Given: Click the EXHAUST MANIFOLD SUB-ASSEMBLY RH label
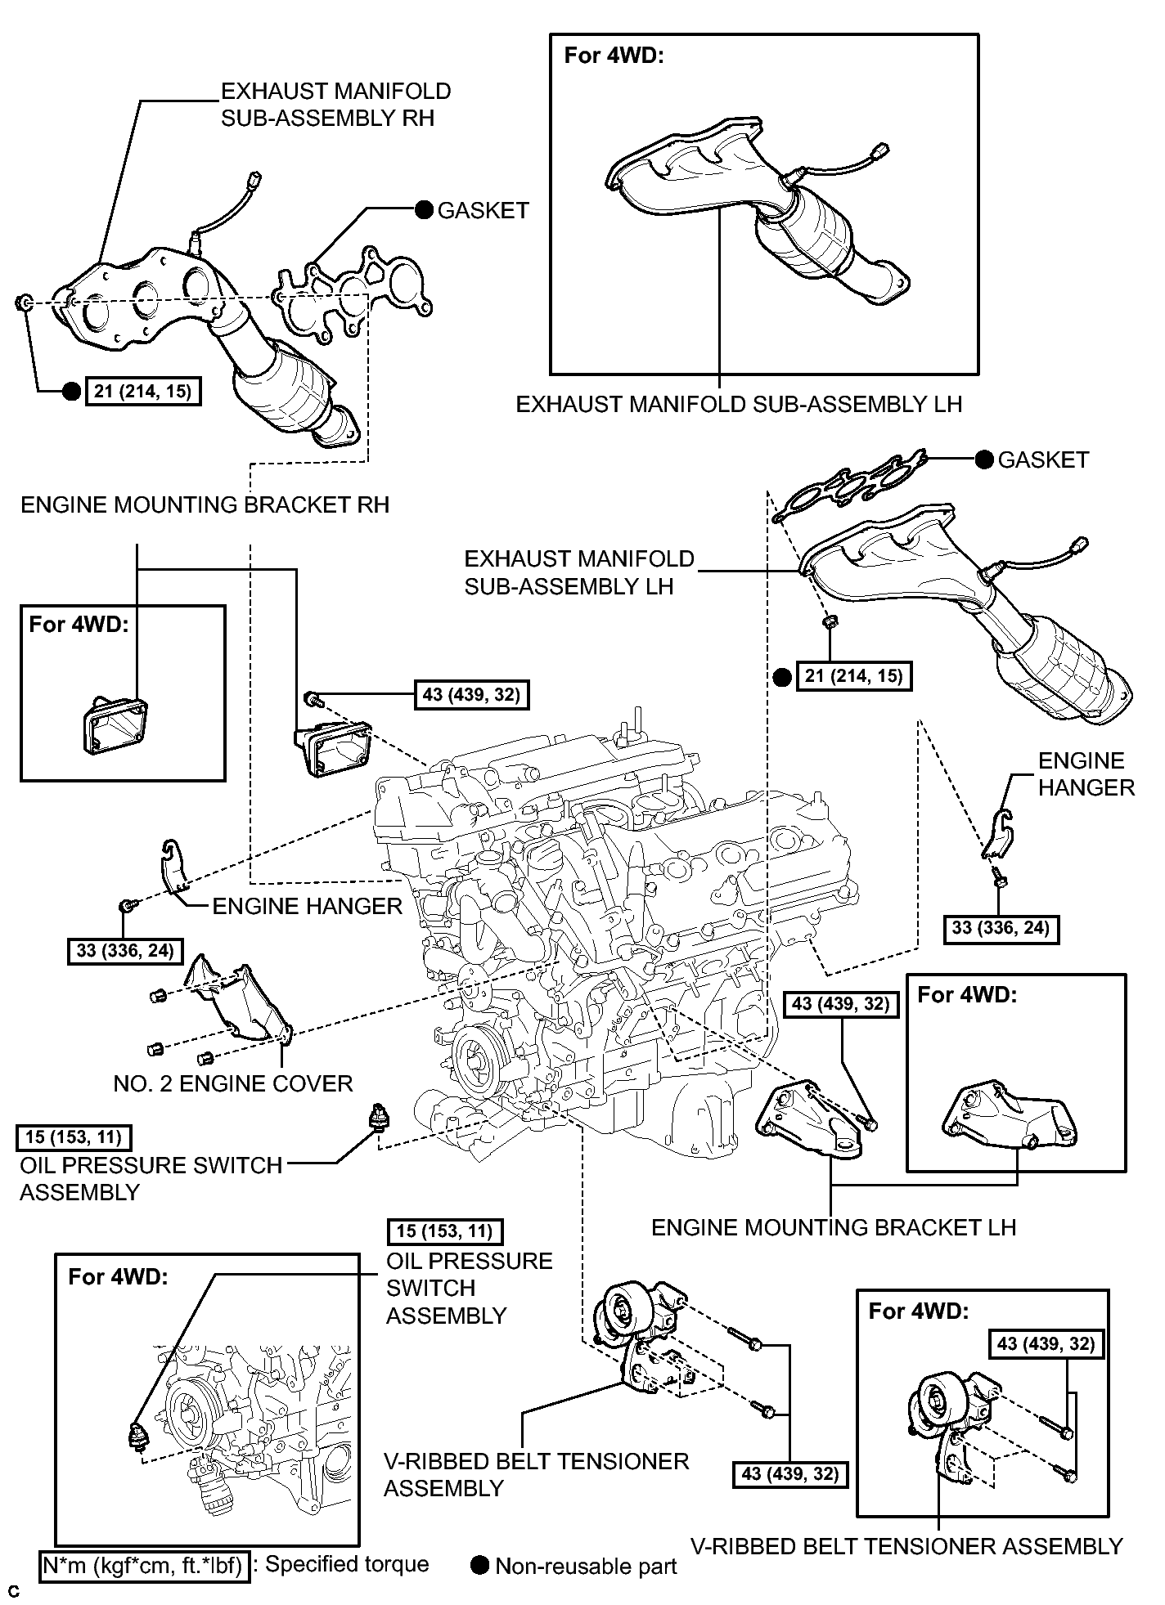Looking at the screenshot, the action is [x=336, y=104].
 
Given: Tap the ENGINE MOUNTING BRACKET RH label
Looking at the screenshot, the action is [x=205, y=504].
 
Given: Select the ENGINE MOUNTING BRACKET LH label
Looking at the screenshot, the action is [x=834, y=1227].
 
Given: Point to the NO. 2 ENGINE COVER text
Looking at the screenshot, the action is [x=233, y=1084].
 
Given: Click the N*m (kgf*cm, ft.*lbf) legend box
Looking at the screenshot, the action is [x=143, y=1565].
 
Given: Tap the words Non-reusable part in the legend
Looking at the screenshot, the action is [x=587, y=1566].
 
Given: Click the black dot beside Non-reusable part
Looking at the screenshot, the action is [x=481, y=1565].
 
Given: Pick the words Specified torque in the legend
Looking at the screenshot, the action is [x=347, y=1564].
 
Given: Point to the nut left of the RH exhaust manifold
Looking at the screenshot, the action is [x=24, y=304].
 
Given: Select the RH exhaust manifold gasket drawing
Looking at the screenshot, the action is [x=353, y=291].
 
